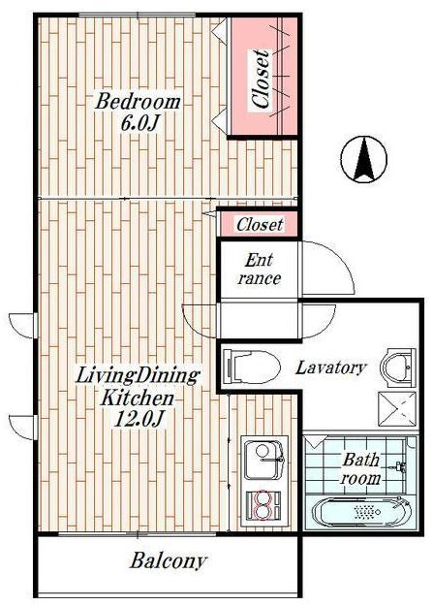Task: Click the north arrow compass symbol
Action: point(363,159)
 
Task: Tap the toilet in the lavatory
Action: point(252,367)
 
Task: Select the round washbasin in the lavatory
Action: point(398,367)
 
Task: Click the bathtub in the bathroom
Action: point(362,513)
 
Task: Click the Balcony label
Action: point(168,560)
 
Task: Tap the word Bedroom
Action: point(138,102)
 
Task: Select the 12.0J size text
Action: point(139,419)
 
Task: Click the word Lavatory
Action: point(330,367)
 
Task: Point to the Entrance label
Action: point(260,270)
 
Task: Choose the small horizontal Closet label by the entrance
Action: point(260,225)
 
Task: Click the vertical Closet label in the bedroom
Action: point(261,79)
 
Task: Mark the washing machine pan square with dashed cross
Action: point(397,410)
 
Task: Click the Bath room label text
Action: point(360,469)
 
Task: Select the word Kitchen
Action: point(137,398)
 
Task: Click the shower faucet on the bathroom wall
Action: point(400,467)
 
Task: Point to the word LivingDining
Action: point(138,375)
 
